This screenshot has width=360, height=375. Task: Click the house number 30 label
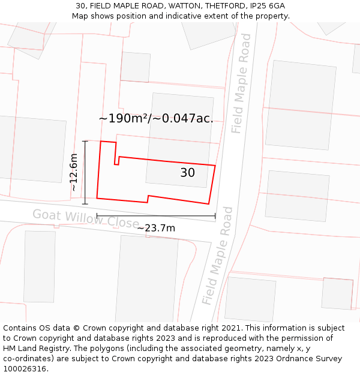(187, 173)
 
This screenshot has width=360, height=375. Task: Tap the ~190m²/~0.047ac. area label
(156, 118)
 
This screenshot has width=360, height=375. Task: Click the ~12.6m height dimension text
(74, 172)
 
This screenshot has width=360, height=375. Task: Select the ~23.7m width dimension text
(156, 228)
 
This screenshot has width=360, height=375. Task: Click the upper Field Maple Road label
(241, 83)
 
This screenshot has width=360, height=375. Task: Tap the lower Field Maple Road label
(217, 256)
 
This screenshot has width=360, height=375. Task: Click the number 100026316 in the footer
(26, 368)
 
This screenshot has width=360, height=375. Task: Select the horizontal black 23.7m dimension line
(156, 216)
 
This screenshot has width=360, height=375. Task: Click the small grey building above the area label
(136, 67)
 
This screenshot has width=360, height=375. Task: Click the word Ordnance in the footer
(296, 358)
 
